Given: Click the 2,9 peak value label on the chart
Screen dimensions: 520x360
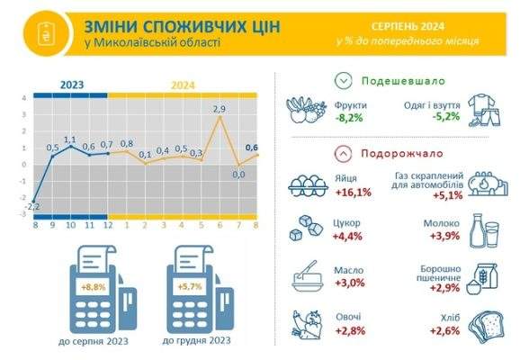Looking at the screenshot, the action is [220, 109].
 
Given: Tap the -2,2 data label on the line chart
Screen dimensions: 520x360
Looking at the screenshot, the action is [32, 207].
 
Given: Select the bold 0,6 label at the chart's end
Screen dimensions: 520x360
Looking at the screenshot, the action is [252, 148].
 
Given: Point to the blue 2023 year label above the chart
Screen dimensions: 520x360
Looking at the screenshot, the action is [72, 85].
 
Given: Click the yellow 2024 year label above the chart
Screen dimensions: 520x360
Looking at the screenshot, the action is [183, 85].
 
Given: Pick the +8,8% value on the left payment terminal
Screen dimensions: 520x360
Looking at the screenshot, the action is [94, 287].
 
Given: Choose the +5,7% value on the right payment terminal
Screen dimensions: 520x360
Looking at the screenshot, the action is [190, 287].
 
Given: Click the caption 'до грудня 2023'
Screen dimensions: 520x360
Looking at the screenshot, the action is [196, 340].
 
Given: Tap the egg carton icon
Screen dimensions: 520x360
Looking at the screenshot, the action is [308, 186].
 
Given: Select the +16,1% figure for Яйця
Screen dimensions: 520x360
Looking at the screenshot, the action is [354, 193].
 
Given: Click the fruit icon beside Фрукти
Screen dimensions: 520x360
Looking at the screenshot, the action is [306, 110].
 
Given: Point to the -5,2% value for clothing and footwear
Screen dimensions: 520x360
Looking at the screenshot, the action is [446, 116].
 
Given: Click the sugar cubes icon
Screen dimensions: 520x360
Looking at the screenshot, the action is [306, 228].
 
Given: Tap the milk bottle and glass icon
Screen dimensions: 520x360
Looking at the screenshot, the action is [484, 231].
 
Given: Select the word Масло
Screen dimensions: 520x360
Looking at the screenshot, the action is [348, 270].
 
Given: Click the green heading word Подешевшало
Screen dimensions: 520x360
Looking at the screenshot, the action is [403, 81].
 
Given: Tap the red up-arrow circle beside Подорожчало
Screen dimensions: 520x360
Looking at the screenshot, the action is [344, 154].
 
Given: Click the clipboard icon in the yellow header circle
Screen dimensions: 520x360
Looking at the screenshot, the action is [47, 33].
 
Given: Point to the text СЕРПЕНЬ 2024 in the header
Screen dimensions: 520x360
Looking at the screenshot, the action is [408, 26].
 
